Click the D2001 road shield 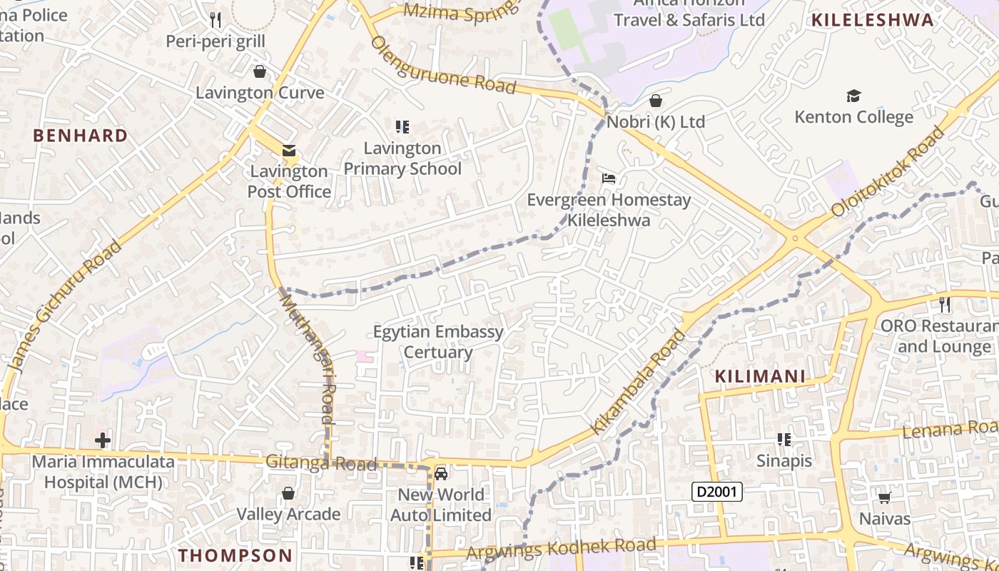pyautogui.click(x=718, y=491)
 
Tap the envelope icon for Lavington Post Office pyautogui.click(x=289, y=151)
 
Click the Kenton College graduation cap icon pyautogui.click(x=853, y=96)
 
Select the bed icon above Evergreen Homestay pyautogui.click(x=609, y=178)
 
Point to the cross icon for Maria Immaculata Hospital pyautogui.click(x=103, y=440)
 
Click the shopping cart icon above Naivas pyautogui.click(x=885, y=497)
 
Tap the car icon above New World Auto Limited pyautogui.click(x=441, y=474)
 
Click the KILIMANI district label pyautogui.click(x=760, y=376)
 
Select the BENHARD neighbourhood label pyautogui.click(x=81, y=136)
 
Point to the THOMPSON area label pyautogui.click(x=235, y=555)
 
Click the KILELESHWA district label pyautogui.click(x=872, y=20)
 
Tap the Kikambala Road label pyautogui.click(x=638, y=382)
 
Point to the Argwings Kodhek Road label pyautogui.click(x=560, y=548)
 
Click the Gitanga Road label pyautogui.click(x=321, y=463)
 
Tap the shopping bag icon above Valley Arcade pyautogui.click(x=288, y=493)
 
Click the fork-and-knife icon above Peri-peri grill pyautogui.click(x=216, y=20)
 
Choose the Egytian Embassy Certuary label pyautogui.click(x=438, y=342)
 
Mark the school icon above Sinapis pyautogui.click(x=784, y=440)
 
